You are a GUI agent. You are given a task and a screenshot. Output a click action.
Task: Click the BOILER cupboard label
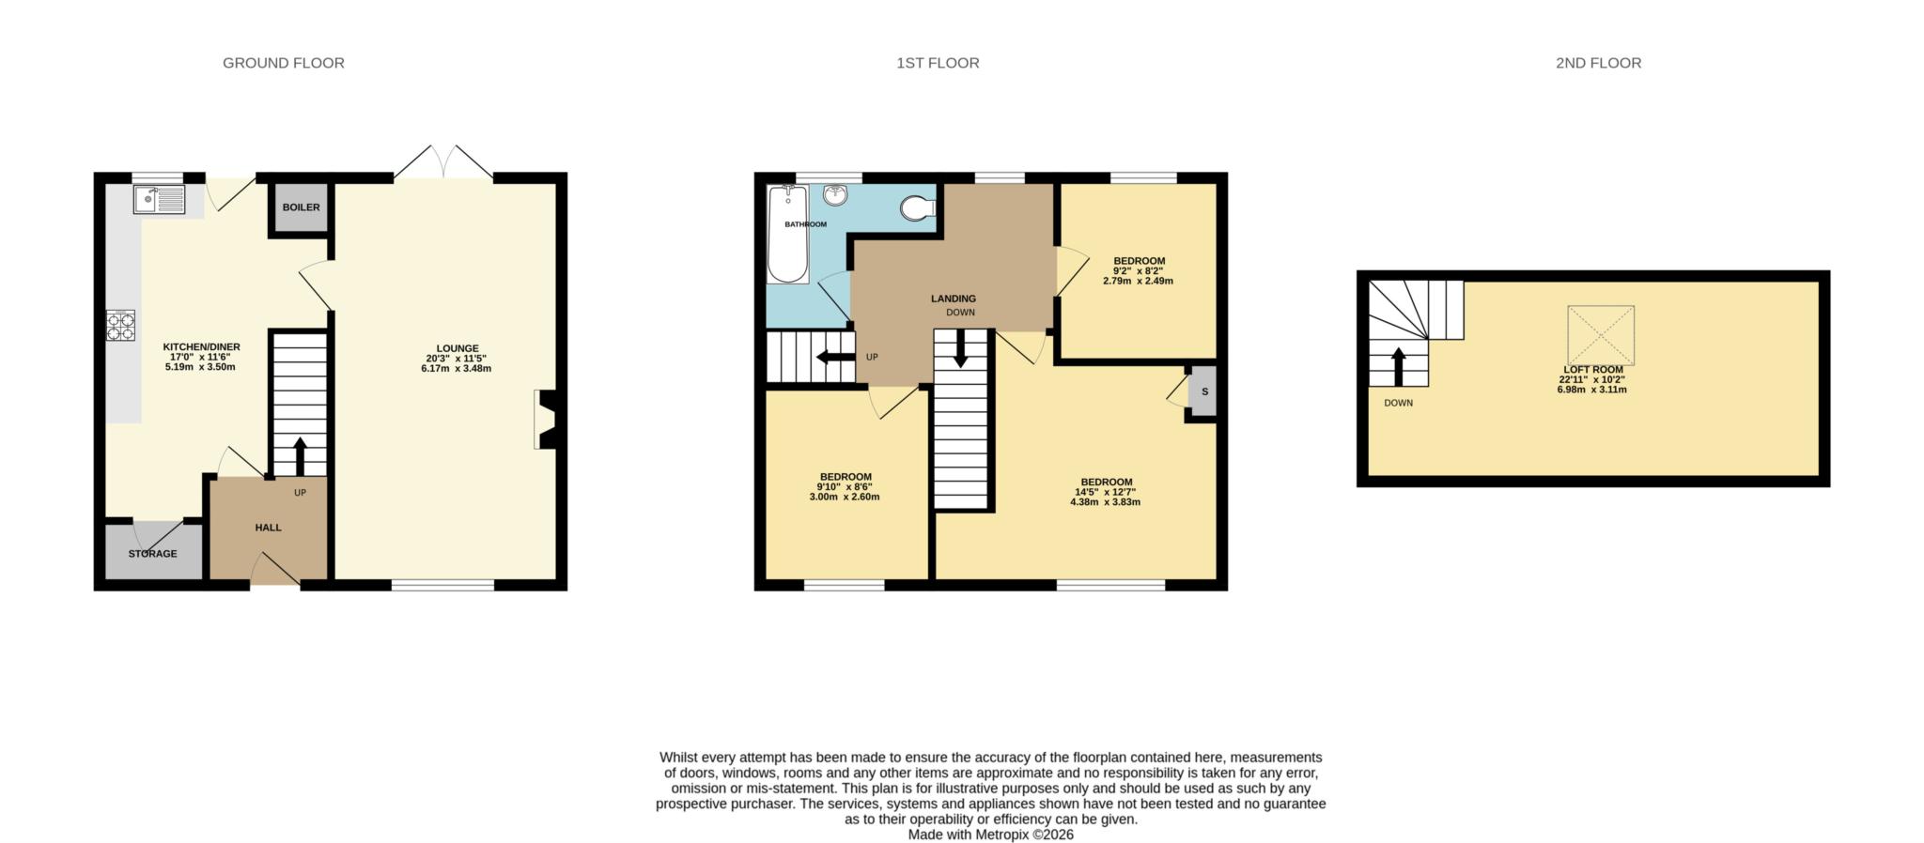pos(301,207)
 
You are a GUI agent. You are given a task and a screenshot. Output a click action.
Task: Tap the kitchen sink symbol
pos(159,199)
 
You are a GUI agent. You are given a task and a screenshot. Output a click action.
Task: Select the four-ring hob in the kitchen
pos(121,325)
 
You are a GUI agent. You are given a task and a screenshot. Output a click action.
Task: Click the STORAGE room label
pos(152,554)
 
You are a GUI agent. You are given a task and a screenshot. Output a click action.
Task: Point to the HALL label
pos(268,528)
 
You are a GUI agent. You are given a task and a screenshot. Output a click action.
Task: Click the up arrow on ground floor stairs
pos(300,456)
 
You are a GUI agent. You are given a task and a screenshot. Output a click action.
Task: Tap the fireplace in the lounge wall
pos(546,420)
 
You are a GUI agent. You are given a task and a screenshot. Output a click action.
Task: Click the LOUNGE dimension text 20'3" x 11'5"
pos(457,359)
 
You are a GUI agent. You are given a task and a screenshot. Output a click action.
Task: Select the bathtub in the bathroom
pos(787,235)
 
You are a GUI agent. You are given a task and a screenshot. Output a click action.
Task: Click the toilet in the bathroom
pos(917,207)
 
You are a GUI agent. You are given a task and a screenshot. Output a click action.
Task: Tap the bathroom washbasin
pos(835,195)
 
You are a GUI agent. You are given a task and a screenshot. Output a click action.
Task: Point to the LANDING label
pos(953,299)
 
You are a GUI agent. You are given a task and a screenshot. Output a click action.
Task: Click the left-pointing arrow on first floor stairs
pos(834,357)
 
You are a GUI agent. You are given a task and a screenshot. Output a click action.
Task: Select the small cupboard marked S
pos(1203,391)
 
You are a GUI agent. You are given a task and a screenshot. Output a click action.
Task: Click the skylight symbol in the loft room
pos(1600,335)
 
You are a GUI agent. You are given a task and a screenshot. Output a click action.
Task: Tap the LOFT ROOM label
pos(1592,370)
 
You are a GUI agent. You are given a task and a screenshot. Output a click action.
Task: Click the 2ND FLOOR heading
pos(1598,63)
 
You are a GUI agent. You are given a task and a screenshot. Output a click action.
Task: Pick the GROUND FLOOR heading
pos(283,63)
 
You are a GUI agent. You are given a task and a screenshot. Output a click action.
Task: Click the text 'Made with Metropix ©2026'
pos(990,834)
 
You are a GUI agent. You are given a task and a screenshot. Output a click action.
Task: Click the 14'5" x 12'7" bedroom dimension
pos(1106,492)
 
